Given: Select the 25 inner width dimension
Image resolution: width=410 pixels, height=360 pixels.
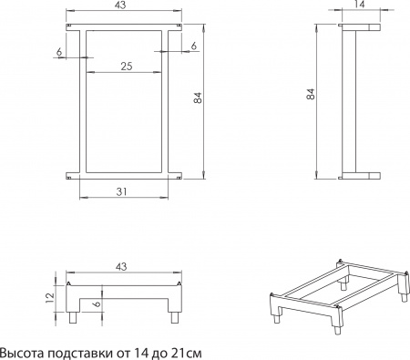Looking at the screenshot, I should pyautogui.click(x=125, y=66).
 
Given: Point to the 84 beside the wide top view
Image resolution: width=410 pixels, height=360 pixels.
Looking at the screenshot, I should pyautogui.click(x=197, y=98).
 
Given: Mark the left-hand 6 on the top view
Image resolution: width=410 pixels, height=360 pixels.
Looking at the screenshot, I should pyautogui.click(x=58, y=53).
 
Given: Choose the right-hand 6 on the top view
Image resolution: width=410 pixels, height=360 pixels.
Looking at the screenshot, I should pyautogui.click(x=194, y=45).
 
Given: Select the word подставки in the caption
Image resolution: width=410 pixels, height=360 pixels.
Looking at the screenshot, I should pyautogui.click(x=84, y=350).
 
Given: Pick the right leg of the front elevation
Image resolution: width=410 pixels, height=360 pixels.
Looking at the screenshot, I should pyautogui.click(x=172, y=318).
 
